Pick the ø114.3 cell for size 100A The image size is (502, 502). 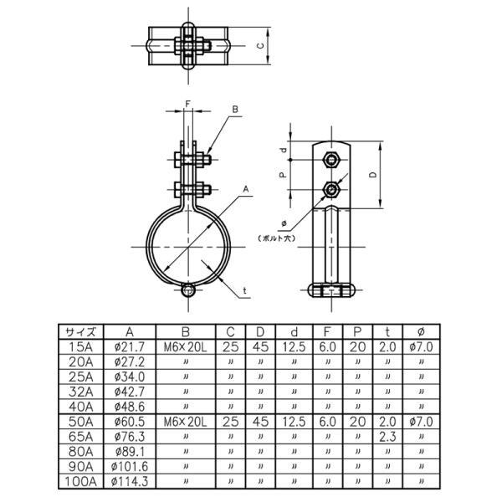pos(128,482)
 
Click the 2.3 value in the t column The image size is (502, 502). pos(387,437)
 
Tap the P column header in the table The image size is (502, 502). pos(356,331)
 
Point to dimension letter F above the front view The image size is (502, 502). pos(187,104)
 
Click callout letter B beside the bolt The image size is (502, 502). pos(236,110)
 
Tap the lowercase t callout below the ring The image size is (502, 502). pos(243,290)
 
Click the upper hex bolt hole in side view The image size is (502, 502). pos(333,158)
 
